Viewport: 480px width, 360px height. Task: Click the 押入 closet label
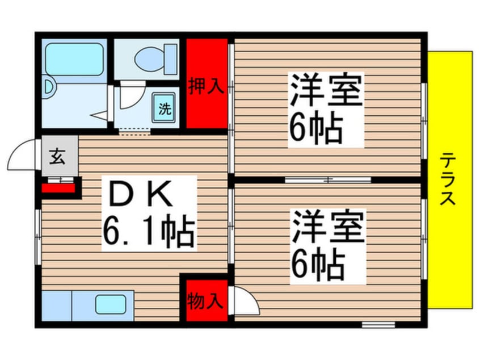[204, 88]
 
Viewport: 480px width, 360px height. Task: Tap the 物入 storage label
[204, 300]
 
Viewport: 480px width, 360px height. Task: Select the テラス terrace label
[450, 179]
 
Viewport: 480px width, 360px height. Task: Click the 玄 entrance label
[59, 156]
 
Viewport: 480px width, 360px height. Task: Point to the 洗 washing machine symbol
[165, 109]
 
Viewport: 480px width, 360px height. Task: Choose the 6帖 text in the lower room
[316, 263]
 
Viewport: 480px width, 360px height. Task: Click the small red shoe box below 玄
[58, 186]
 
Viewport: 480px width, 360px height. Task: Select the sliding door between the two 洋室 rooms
[328, 180]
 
